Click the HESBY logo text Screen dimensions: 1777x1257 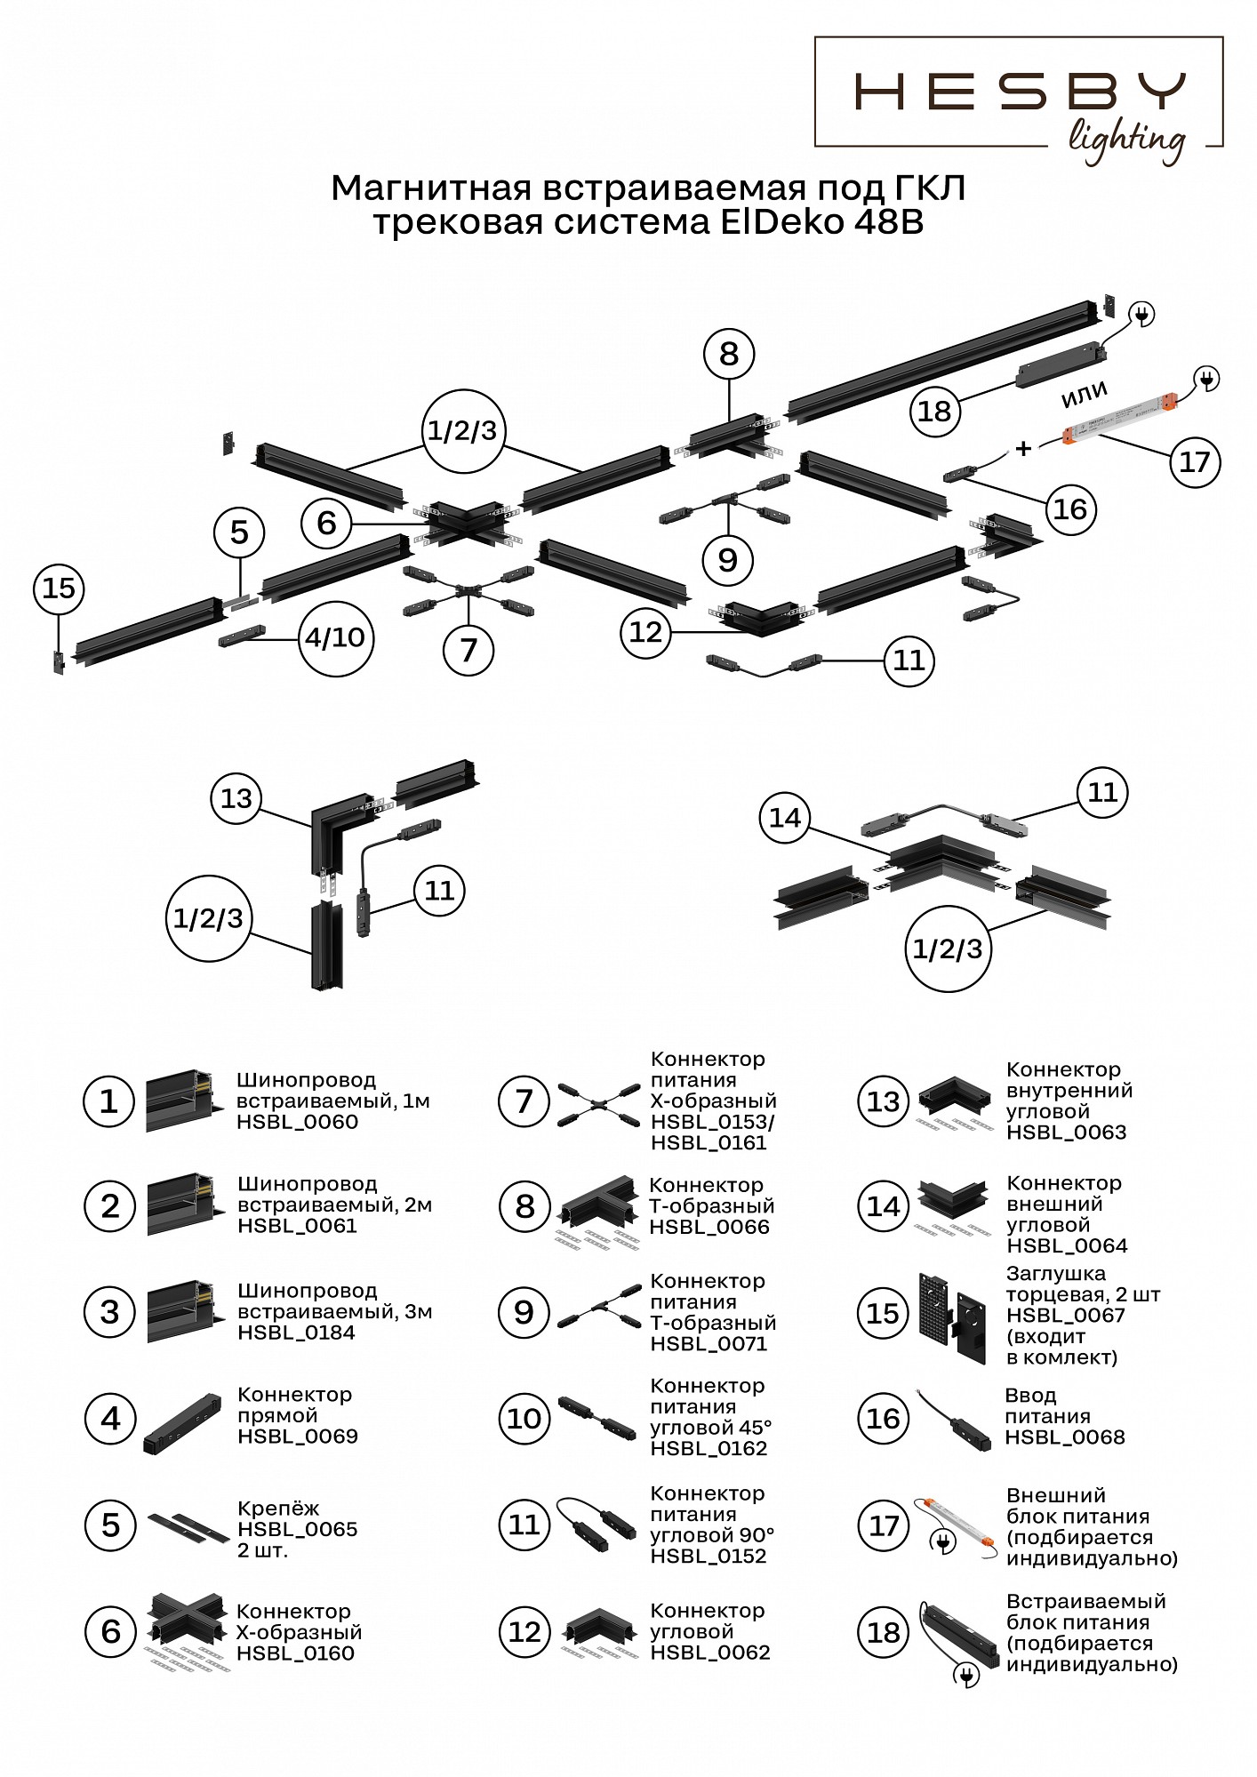[1020, 92]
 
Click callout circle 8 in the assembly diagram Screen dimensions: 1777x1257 [729, 354]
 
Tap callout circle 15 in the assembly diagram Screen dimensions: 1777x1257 [59, 588]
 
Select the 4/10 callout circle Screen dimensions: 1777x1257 [335, 637]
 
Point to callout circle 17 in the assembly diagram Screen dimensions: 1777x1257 [1194, 461]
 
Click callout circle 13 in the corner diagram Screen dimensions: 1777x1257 [236, 798]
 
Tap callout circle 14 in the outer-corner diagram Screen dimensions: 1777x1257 [785, 818]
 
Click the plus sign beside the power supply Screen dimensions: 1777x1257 [1024, 448]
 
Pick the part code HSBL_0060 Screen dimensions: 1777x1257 [297, 1122]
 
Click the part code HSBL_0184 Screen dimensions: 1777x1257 [296, 1333]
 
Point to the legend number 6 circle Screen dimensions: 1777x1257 [110, 1631]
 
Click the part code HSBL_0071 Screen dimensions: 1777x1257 [709, 1344]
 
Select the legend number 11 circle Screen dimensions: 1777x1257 [524, 1525]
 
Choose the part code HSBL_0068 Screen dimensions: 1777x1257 [1065, 1437]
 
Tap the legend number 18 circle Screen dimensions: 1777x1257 [884, 1632]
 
